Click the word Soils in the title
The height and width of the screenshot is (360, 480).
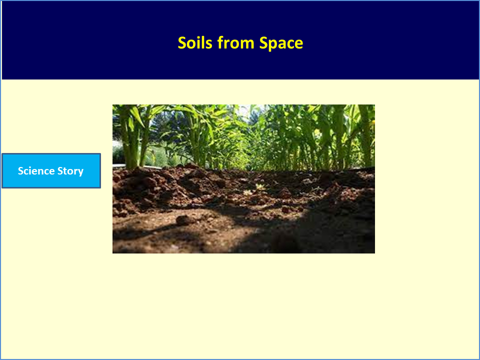click(195, 43)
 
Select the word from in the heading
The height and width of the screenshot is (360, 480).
click(235, 42)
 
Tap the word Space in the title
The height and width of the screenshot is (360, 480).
click(281, 43)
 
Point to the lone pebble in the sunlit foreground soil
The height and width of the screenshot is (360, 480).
click(183, 220)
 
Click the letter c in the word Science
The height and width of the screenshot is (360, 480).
click(26, 172)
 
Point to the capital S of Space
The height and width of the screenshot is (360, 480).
click(263, 43)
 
